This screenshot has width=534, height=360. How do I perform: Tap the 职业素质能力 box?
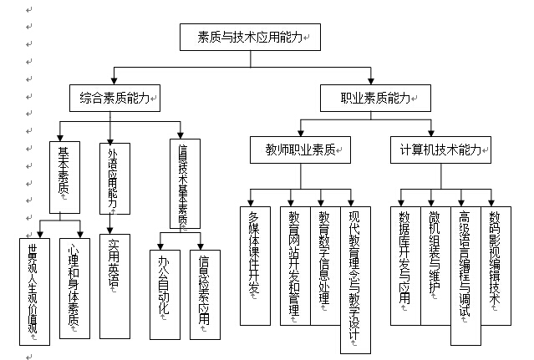click(x=375, y=99)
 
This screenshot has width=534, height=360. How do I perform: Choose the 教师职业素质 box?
click(x=301, y=150)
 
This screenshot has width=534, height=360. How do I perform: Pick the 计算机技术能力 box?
click(x=440, y=150)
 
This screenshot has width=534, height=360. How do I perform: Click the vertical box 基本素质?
click(x=63, y=175)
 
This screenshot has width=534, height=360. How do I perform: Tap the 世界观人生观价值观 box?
click(x=33, y=289)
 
